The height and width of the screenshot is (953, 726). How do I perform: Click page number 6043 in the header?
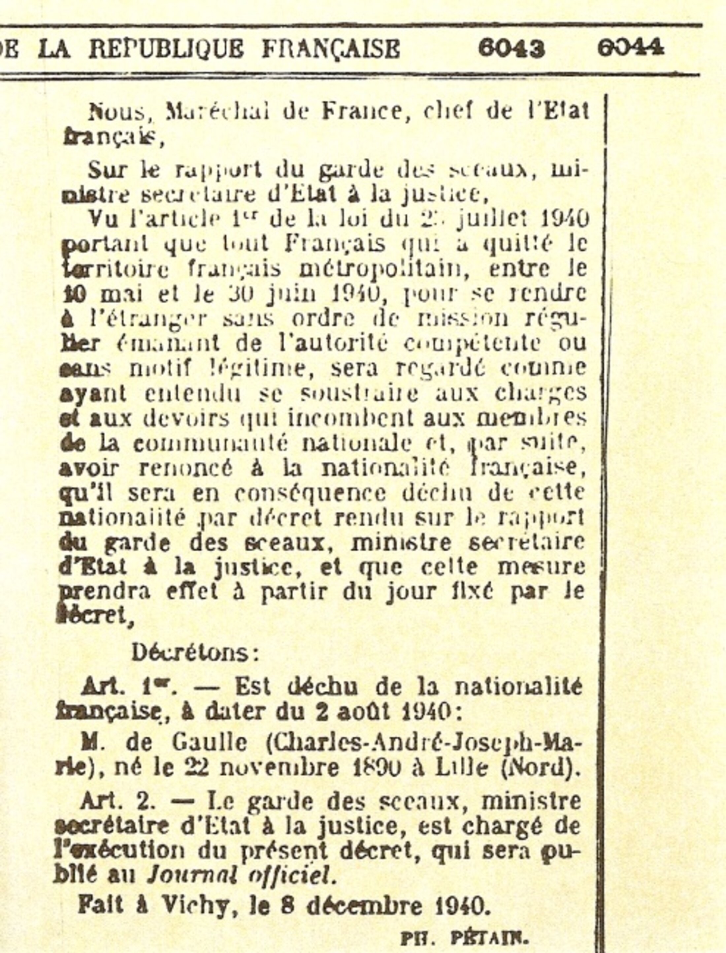(511, 49)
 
